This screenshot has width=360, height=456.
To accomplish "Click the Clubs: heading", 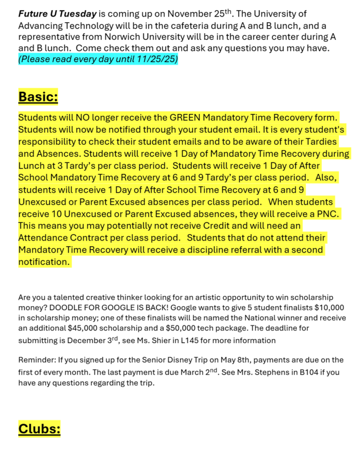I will tap(39, 428).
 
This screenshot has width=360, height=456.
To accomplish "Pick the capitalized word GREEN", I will tap(186, 117).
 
